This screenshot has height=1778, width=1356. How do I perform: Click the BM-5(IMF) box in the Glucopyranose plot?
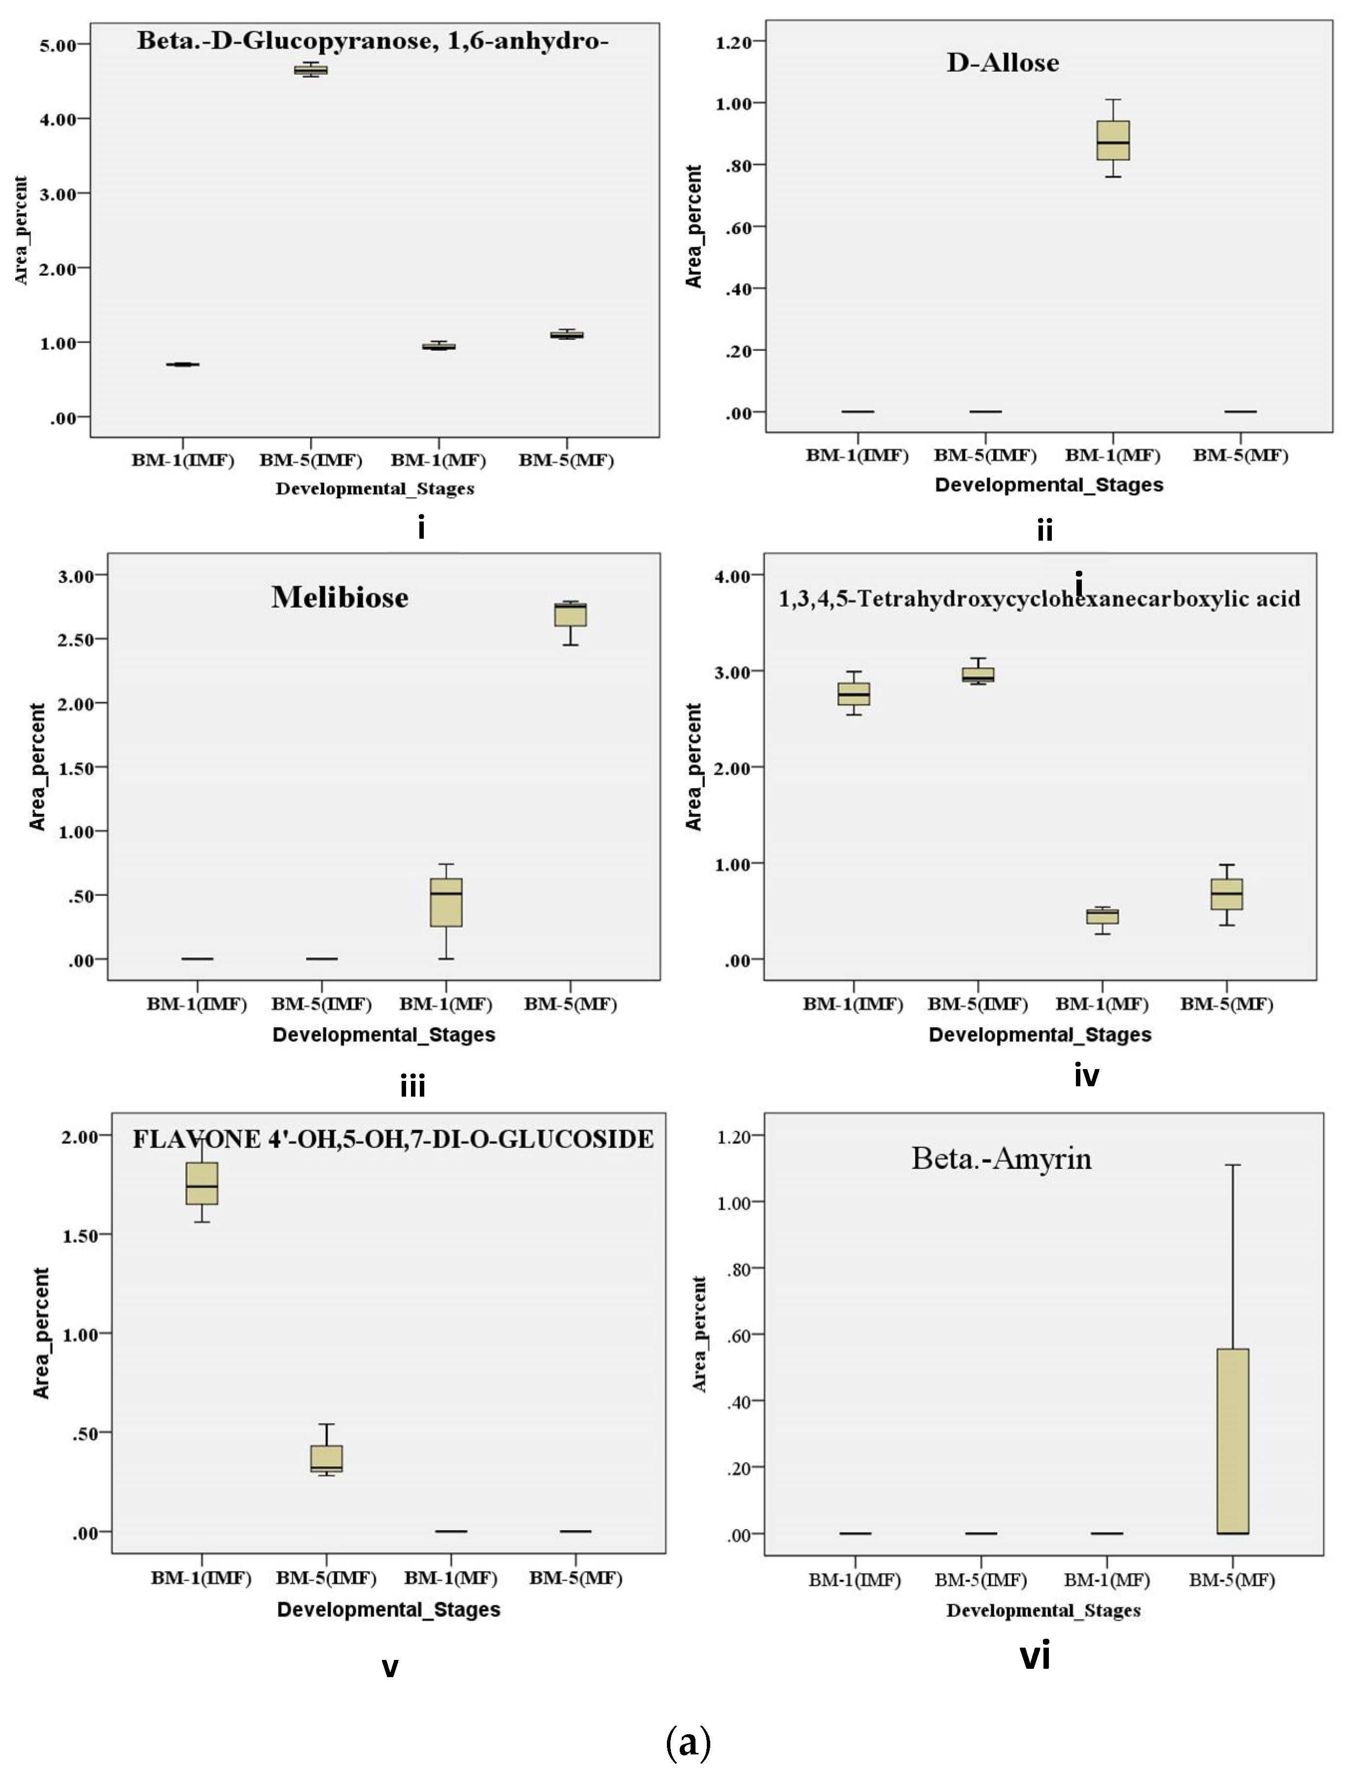[x=311, y=70]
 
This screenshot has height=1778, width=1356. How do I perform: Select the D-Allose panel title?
[x=1003, y=63]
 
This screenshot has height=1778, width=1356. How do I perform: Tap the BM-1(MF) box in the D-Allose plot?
[x=1113, y=140]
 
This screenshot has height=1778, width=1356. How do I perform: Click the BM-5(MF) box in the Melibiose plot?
[x=570, y=614]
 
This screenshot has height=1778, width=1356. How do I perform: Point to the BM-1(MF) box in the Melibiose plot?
[x=446, y=902]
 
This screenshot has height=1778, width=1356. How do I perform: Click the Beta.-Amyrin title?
[x=1002, y=1159]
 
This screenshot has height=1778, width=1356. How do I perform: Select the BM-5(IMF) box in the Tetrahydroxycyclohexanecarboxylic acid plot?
[x=978, y=674]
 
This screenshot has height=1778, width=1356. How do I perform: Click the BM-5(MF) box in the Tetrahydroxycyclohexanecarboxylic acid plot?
[x=1227, y=894]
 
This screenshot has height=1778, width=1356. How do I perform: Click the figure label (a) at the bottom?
[x=689, y=1743]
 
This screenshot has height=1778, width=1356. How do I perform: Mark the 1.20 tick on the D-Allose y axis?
[x=734, y=42]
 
